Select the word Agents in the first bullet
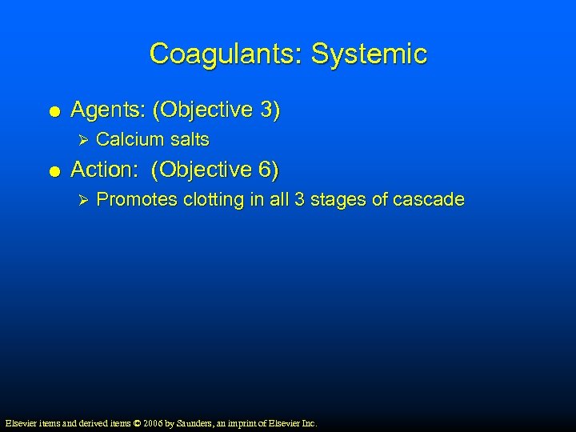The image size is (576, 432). coord(102,110)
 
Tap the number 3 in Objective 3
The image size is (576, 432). coord(266,110)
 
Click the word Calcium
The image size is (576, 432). coord(129,139)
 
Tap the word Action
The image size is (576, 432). coord(100,170)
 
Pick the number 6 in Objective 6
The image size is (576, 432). coord(265,170)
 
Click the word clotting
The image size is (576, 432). coord(214,199)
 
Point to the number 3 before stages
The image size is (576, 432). coord(299,199)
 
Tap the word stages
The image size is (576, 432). coord(338,199)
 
